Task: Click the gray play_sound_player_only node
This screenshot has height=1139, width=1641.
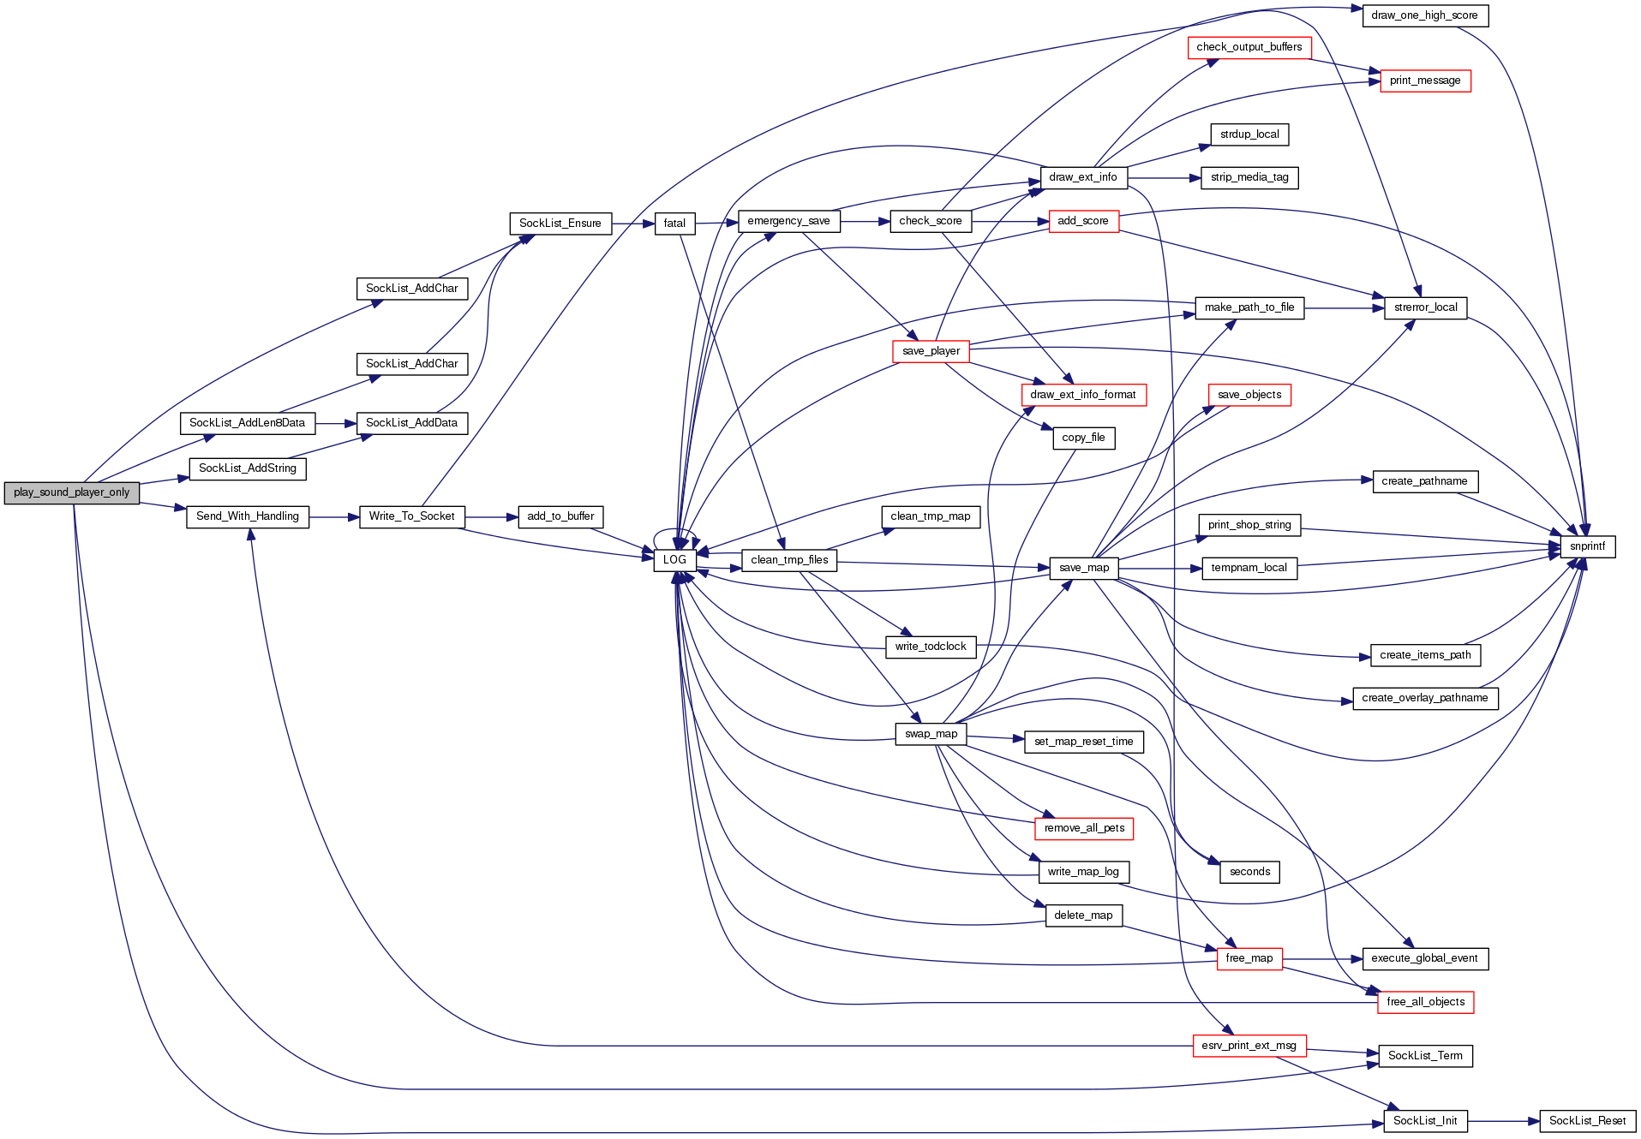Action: tap(72, 492)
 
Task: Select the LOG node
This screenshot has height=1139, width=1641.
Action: tap(674, 560)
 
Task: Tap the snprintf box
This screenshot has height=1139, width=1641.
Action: tap(1587, 546)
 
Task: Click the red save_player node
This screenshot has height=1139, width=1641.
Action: tap(931, 351)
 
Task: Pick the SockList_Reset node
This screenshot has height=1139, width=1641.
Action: tap(1587, 1121)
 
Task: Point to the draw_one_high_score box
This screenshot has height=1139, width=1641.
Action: tap(1424, 15)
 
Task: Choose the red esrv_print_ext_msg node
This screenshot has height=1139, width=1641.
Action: tap(1249, 1046)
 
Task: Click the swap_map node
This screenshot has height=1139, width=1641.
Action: tap(931, 734)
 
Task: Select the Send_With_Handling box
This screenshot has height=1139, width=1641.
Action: tap(247, 516)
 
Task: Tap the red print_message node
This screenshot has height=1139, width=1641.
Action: tap(1425, 81)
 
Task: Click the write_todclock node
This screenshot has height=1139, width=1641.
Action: tap(930, 647)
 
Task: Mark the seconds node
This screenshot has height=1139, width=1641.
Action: tap(1249, 872)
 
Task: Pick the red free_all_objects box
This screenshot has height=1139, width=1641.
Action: tap(1425, 1002)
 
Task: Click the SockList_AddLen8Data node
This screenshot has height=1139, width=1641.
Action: tap(247, 423)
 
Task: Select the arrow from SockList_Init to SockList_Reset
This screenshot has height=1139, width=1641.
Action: tap(1503, 1121)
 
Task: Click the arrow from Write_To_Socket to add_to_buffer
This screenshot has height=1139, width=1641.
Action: tap(491, 517)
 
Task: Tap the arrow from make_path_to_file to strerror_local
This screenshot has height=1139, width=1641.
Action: tap(1344, 308)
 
